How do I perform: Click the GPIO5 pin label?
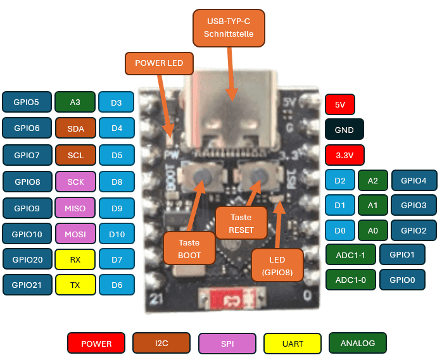[x=27, y=102]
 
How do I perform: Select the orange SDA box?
[x=75, y=128]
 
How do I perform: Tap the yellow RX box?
[x=75, y=259]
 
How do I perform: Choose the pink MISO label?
[x=75, y=208]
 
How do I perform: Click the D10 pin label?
[x=117, y=234]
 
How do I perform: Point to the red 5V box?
[x=340, y=104]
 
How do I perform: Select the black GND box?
[x=344, y=130]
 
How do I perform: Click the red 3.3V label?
[x=344, y=155]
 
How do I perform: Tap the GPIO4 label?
[x=414, y=180]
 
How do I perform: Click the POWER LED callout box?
[x=159, y=63]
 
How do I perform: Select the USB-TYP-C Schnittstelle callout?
[x=229, y=28]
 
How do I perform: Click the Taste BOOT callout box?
[x=189, y=249]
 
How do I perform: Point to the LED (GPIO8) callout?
[x=277, y=266]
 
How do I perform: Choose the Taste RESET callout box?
[x=241, y=223]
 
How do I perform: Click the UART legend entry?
[x=292, y=344]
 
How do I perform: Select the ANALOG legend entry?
[x=358, y=343]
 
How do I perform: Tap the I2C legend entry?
[x=161, y=344]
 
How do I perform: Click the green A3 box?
[x=75, y=102]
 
